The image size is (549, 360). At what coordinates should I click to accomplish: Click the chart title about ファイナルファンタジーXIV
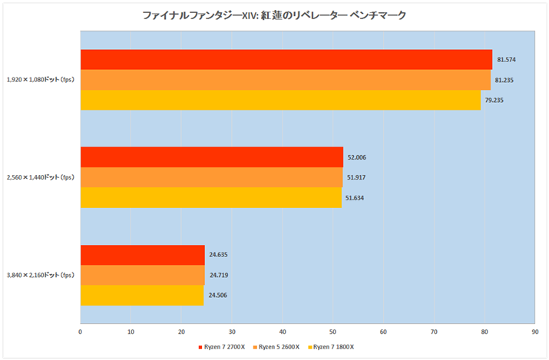coord(274,15)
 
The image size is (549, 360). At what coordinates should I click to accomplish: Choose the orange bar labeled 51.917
coord(211,177)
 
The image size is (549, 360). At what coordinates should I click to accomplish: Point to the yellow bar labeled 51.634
coord(210,197)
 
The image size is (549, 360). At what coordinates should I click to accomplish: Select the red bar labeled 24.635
coord(142,255)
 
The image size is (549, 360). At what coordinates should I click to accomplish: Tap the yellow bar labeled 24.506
coord(141,295)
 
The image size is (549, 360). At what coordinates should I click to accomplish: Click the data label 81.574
coord(506,60)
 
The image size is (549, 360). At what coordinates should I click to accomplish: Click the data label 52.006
coord(357,157)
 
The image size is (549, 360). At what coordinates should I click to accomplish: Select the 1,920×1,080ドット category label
coord(40,80)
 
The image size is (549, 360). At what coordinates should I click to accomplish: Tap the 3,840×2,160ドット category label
coord(40,275)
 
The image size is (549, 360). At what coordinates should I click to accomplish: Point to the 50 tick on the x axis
coord(332,332)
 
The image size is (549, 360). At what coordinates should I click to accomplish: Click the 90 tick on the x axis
coord(534,332)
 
